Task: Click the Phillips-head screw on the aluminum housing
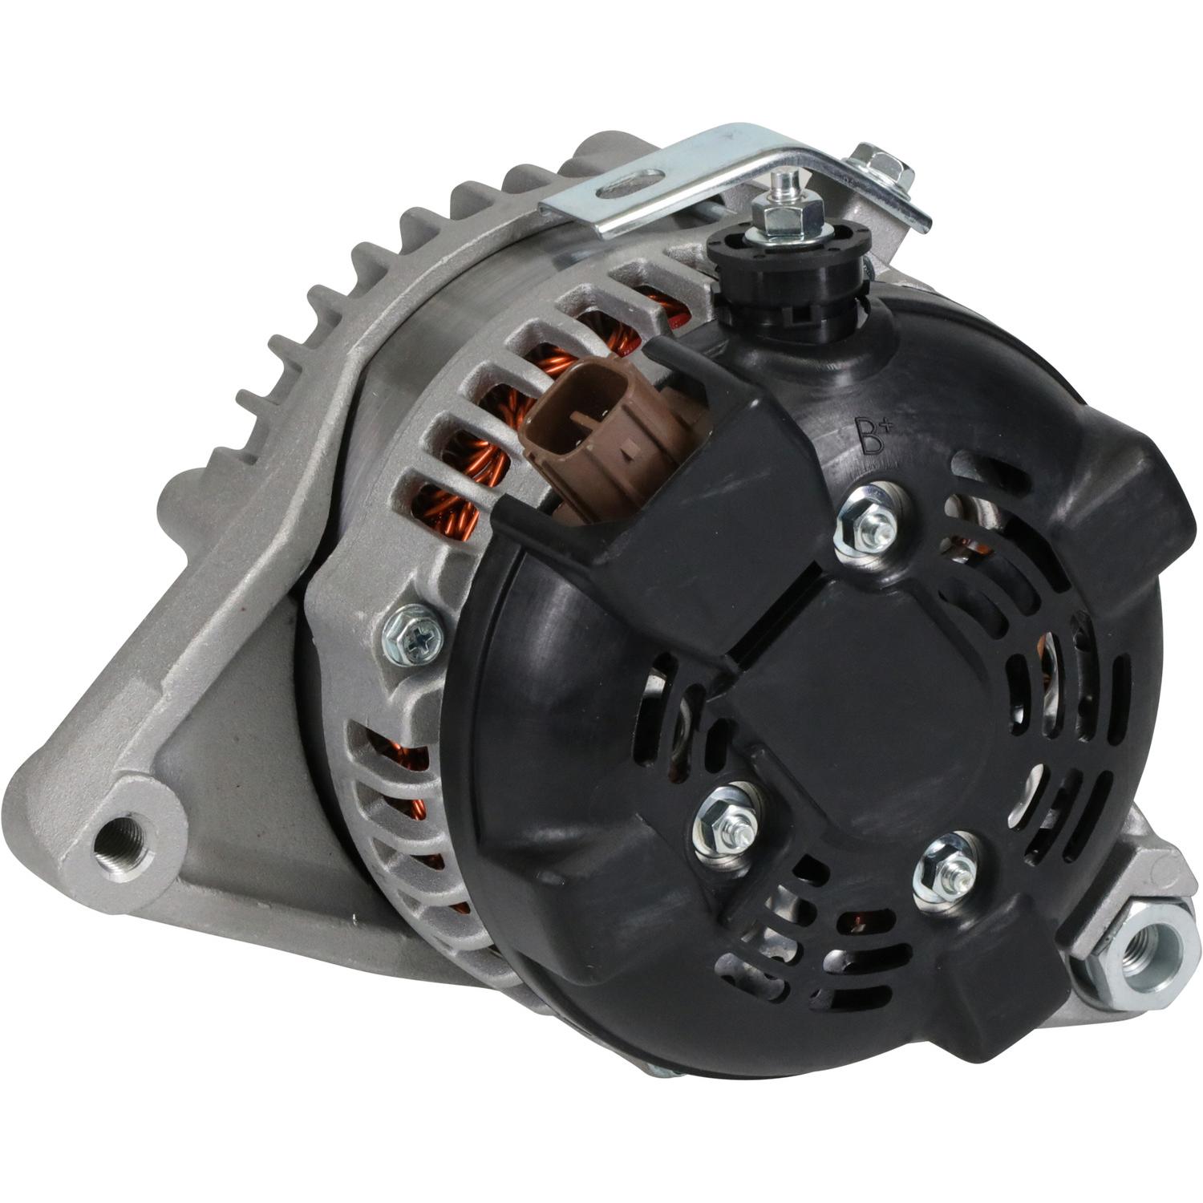coord(414,634)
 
